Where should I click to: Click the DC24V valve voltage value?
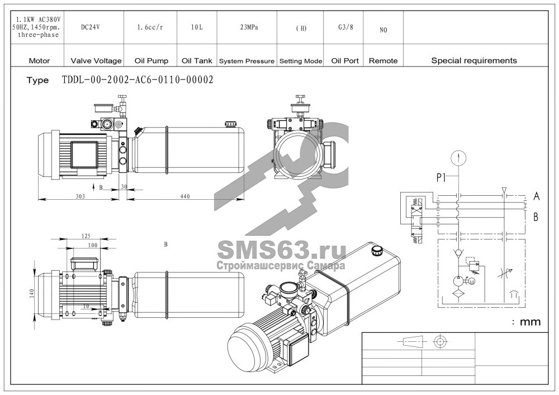pos(90,27)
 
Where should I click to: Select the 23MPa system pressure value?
pos(249,27)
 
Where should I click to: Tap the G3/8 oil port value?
pos(345,27)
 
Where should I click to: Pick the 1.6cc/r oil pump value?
pos(150,27)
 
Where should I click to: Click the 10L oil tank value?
pos(197,27)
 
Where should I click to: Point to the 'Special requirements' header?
pos(474,60)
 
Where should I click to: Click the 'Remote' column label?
pos(383,61)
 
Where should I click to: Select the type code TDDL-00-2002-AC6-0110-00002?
pos(138,79)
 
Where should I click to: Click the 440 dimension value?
pos(185,196)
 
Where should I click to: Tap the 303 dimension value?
pos(80,196)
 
